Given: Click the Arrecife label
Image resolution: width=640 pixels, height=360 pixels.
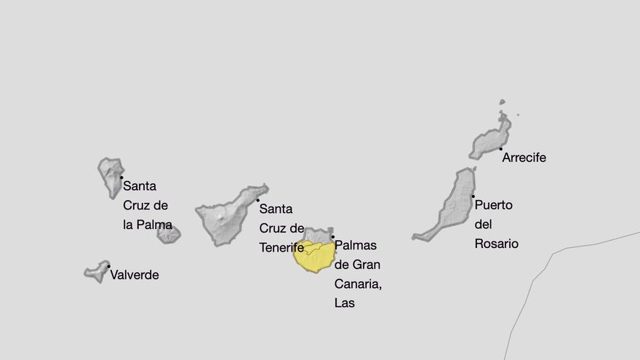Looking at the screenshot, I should (x=524, y=158).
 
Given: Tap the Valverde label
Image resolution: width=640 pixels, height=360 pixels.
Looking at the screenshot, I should (x=135, y=275).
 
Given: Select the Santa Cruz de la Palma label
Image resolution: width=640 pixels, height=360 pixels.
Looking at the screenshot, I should (x=148, y=206).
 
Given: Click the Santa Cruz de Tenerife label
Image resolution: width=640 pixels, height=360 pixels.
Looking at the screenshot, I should (x=281, y=228).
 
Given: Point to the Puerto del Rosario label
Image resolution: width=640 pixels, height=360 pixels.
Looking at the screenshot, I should (x=496, y=225).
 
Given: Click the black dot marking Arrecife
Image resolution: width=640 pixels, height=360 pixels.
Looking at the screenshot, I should (x=500, y=149).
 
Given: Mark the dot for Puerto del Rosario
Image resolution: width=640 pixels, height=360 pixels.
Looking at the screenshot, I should (x=473, y=196).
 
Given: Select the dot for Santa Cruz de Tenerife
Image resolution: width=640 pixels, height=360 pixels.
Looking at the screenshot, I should (x=257, y=200).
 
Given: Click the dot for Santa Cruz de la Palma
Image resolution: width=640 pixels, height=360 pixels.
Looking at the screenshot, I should (x=121, y=177).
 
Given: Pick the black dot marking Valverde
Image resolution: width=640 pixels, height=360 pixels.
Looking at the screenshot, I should (x=108, y=266).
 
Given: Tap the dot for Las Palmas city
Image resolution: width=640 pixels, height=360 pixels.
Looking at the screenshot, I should (x=332, y=236).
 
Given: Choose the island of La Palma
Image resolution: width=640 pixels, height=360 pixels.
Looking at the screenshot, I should (x=111, y=175).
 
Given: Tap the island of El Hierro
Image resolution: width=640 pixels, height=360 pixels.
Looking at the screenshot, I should (x=97, y=272).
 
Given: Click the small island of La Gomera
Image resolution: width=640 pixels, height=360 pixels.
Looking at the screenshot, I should (x=169, y=234).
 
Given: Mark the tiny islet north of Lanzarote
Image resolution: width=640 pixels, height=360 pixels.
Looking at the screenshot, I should (x=502, y=103).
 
